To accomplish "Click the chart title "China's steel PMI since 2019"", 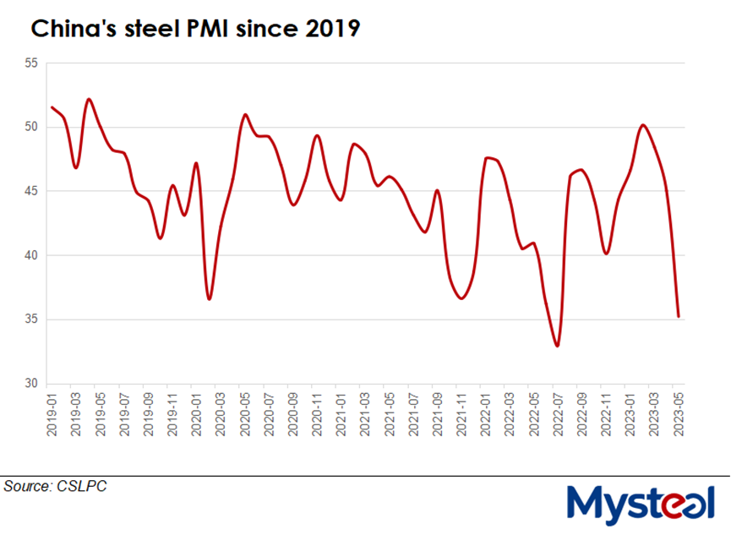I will coord(195,30).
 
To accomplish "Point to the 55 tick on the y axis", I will coord(31,63).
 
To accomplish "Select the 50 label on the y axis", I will coord(31,128).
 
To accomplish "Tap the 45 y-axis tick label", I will coord(31,192).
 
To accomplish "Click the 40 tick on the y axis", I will coord(31,255).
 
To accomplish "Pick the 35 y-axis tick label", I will coord(31,320).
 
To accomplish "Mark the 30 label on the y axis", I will coord(31,384).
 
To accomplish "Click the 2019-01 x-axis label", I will coord(52,415).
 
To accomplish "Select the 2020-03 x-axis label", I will coord(221,415).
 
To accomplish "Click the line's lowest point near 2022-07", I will coord(558,346).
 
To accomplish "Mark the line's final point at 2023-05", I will coord(679,317).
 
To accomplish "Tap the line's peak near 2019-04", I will coord(89,99).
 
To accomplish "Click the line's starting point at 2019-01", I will coord(52,107).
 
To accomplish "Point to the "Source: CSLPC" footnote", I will coord(55,486).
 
